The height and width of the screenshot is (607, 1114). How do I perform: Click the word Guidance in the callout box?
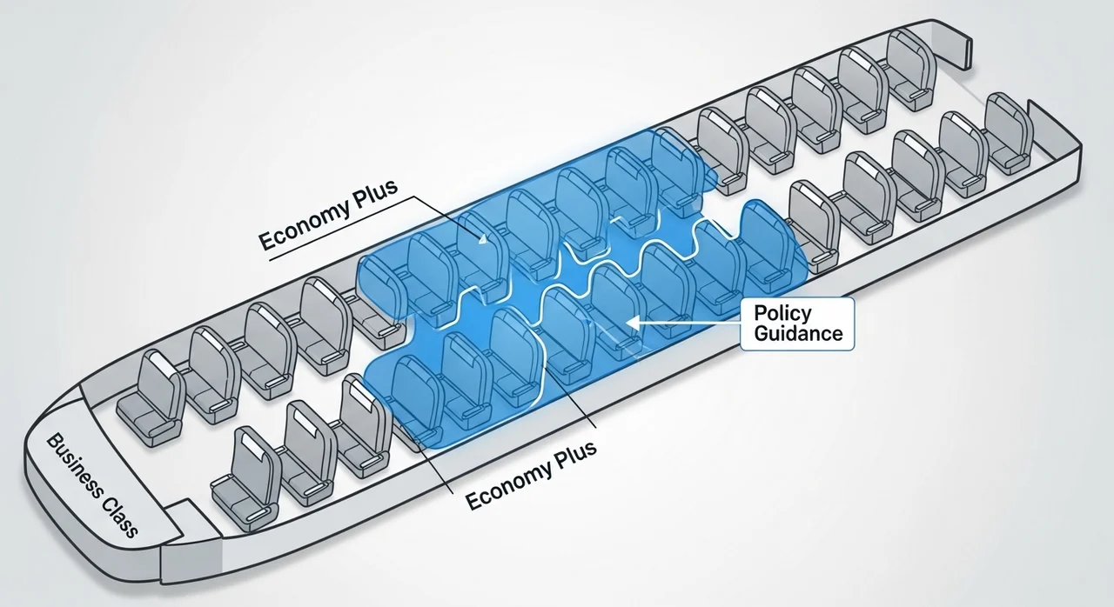click(798, 333)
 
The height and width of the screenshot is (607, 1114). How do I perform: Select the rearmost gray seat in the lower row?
click(1009, 134)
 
